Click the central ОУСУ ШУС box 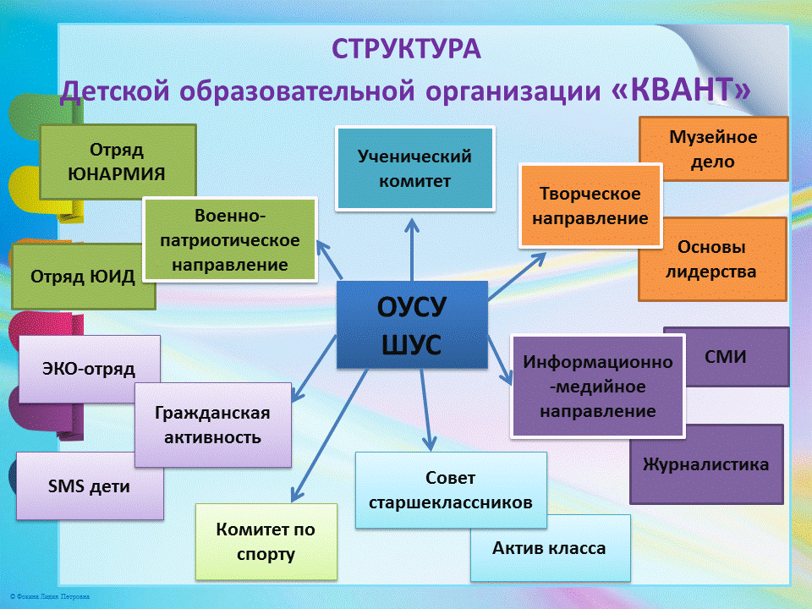pyautogui.click(x=412, y=325)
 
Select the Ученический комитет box pyautogui.click(x=414, y=167)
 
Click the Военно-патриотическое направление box pyautogui.click(x=230, y=240)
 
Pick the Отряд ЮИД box pyautogui.click(x=82, y=277)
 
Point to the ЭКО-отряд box pyautogui.click(x=88, y=368)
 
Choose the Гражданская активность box pyautogui.click(x=213, y=425)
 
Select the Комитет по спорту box pyautogui.click(x=266, y=542)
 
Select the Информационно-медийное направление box pyautogui.click(x=597, y=387)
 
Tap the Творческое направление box pyautogui.click(x=590, y=206)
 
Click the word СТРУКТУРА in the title pyautogui.click(x=406, y=48)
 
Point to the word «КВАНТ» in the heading pyautogui.click(x=680, y=89)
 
